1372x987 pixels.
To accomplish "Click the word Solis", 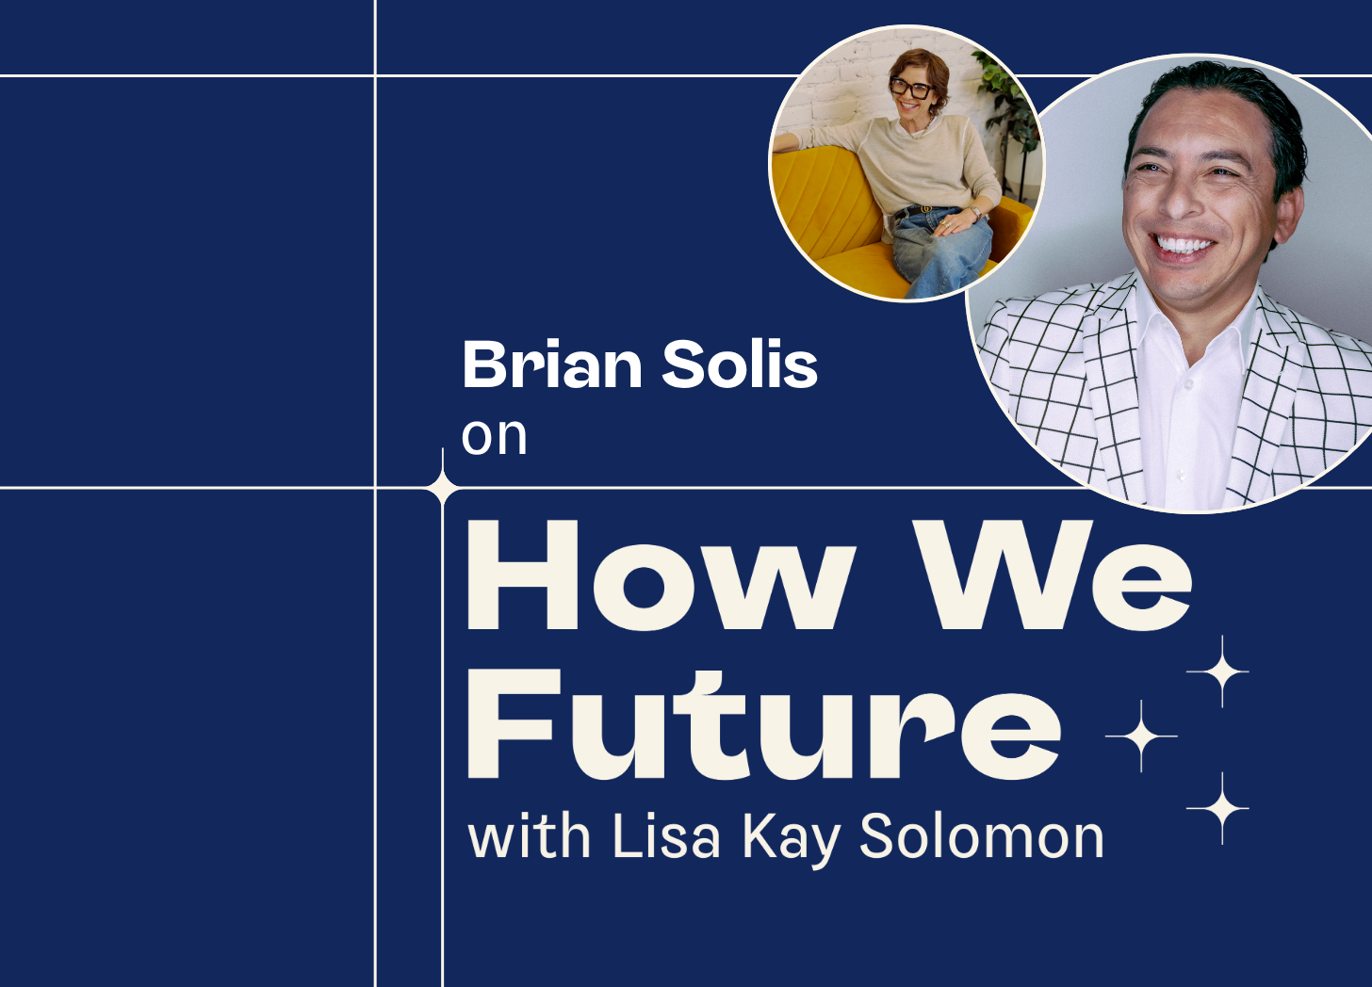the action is pyautogui.click(x=740, y=364).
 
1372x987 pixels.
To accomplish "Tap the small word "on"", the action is pyautogui.click(x=494, y=437).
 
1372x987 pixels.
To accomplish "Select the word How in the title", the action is pyautogui.click(x=661, y=575).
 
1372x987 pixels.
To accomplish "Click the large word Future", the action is pyautogui.click(x=764, y=724).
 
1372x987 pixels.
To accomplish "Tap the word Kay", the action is pyautogui.click(x=791, y=840).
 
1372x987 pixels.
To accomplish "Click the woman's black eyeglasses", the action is pyautogui.click(x=911, y=89).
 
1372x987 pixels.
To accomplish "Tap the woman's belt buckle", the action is pyautogui.click(x=926, y=209).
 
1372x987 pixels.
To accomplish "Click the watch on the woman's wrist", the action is pyautogui.click(x=976, y=213).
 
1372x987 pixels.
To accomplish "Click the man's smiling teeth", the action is pyautogui.click(x=1183, y=245).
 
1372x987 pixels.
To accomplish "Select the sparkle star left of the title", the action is pyautogui.click(x=442, y=488).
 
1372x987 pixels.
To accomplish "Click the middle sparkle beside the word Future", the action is pyautogui.click(x=1140, y=736).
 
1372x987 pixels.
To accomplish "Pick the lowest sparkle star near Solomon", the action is pyautogui.click(x=1222, y=808).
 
